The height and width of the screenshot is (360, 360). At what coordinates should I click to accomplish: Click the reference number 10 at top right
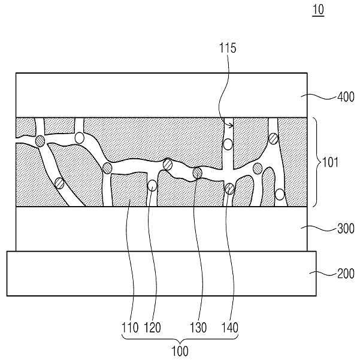318,10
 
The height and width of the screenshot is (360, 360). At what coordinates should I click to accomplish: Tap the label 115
228,48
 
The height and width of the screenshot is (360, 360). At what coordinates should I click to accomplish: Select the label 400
346,97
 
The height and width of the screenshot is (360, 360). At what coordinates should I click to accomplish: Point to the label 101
331,162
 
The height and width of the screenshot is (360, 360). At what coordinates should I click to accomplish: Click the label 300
346,229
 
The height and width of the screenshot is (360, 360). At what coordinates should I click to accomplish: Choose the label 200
346,274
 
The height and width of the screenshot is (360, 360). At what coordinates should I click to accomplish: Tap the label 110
130,328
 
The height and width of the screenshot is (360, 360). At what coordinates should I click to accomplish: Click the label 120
152,328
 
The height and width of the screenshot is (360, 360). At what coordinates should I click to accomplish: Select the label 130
198,328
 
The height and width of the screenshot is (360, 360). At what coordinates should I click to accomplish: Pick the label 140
229,328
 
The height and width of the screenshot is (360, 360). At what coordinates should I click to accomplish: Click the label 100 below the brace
180,351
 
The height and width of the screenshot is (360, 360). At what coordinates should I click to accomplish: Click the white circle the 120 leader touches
152,186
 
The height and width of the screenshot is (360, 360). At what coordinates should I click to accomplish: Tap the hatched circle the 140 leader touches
229,189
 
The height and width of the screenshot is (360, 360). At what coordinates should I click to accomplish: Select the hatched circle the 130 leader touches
197,173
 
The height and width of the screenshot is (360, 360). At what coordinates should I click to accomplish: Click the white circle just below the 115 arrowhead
228,144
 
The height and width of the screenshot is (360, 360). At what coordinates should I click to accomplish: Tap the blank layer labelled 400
162,95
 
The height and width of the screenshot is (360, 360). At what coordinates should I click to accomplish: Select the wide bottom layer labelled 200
162,273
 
